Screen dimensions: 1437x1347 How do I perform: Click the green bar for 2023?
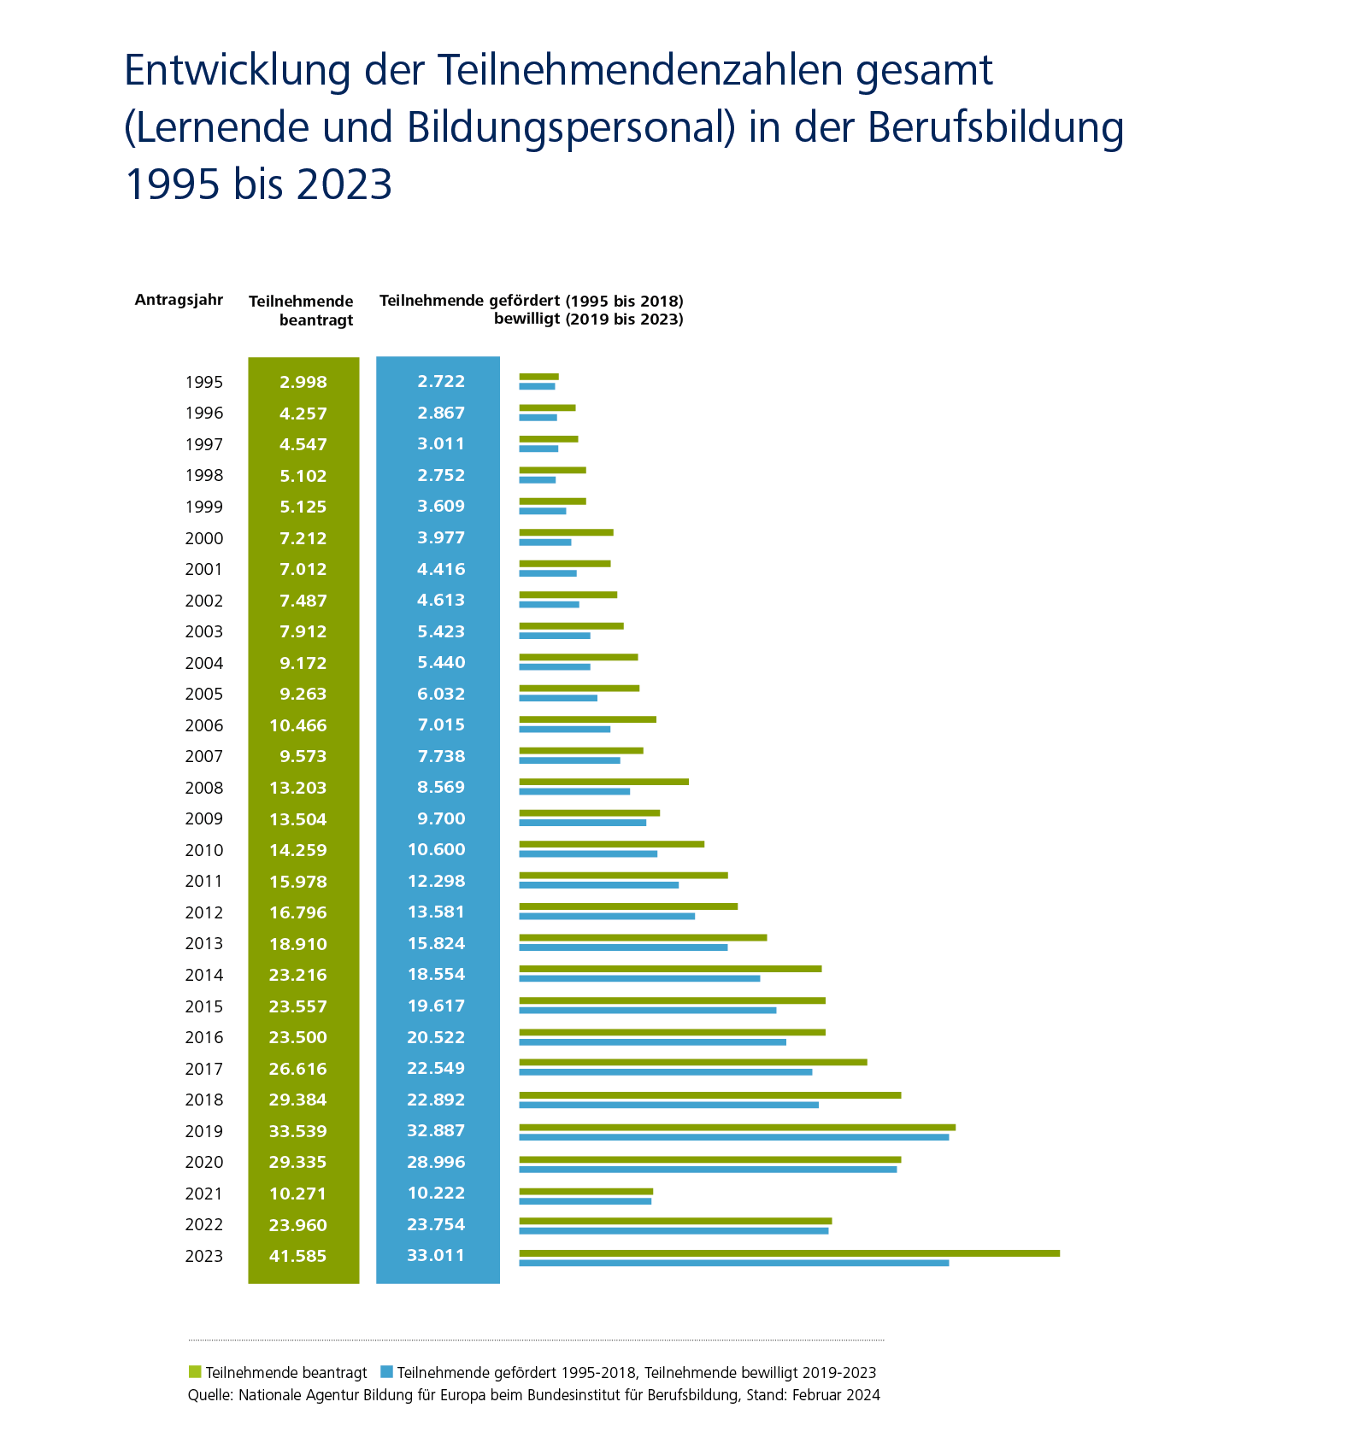pyautogui.click(x=789, y=1253)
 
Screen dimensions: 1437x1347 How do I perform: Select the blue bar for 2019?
pyautogui.click(x=733, y=1137)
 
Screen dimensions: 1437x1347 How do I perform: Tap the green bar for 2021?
pyautogui.click(x=585, y=1191)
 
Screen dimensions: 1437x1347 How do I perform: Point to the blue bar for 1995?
pyautogui.click(x=537, y=386)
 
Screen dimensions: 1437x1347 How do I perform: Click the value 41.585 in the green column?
pyautogui.click(x=298, y=1256)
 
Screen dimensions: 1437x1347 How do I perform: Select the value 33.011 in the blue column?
pyautogui.click(x=436, y=1255)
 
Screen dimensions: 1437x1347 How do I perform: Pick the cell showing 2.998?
pyautogui.click(x=303, y=382)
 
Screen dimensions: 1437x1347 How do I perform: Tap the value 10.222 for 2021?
pyautogui.click(x=436, y=1193)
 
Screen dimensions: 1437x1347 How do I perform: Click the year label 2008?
pyautogui.click(x=203, y=788)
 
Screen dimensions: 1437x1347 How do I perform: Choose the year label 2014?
pyautogui.click(x=203, y=975)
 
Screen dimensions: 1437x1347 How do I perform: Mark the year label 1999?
pyautogui.click(x=203, y=507)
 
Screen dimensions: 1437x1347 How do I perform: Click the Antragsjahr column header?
pyautogui.click(x=179, y=300)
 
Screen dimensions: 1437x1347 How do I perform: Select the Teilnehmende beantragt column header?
pyautogui.click(x=301, y=310)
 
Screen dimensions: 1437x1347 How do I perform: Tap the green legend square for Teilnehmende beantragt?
pyautogui.click(x=195, y=1372)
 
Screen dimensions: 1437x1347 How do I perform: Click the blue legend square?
pyautogui.click(x=386, y=1372)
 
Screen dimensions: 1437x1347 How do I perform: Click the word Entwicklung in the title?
pyautogui.click(x=238, y=70)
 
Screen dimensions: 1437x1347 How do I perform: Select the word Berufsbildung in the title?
pyautogui.click(x=995, y=127)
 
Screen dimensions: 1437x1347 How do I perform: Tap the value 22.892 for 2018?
pyautogui.click(x=436, y=1100)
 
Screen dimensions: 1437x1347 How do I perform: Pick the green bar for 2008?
pyautogui.click(x=603, y=782)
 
